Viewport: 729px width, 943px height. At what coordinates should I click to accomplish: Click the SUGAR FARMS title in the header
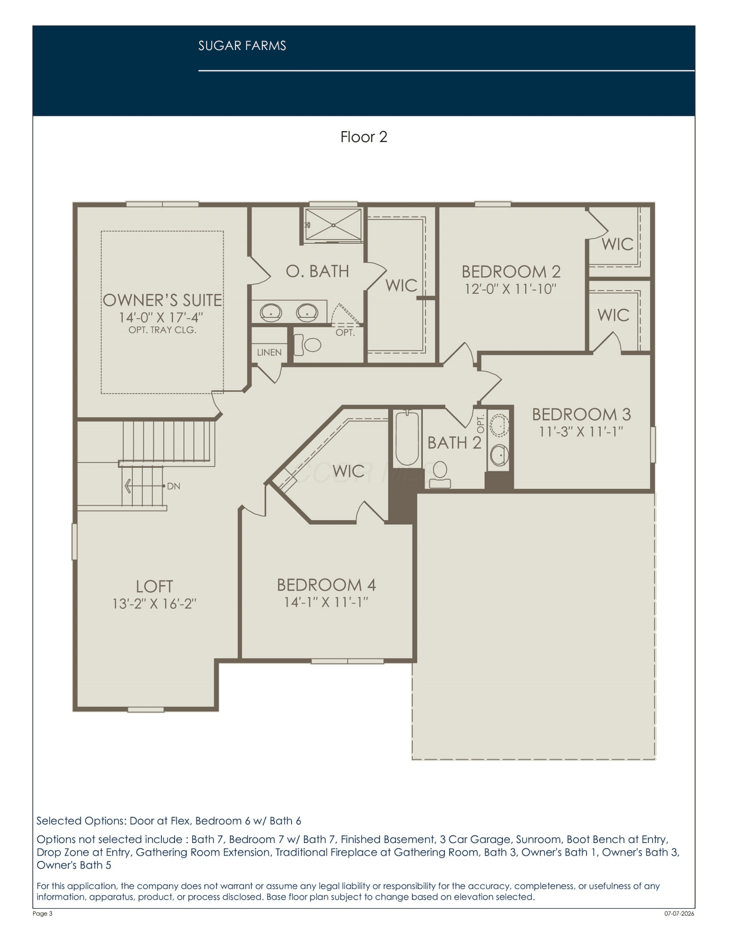tap(242, 46)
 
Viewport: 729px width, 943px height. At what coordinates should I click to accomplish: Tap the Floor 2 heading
tap(364, 137)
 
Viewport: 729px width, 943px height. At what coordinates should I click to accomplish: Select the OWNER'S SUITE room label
tap(162, 300)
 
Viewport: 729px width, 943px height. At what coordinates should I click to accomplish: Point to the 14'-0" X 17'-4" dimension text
tap(161, 317)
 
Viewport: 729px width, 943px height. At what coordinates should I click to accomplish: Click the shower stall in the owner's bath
tap(333, 225)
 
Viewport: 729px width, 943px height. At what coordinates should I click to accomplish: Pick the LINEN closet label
tap(269, 352)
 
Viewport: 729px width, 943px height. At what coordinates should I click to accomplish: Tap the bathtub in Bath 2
tap(407, 438)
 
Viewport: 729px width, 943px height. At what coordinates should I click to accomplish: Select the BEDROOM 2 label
tap(511, 272)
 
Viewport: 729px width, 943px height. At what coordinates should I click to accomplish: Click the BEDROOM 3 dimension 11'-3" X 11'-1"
tap(581, 431)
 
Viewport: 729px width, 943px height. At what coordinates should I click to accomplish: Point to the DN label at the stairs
tap(174, 486)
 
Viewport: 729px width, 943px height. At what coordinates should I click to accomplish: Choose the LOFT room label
tap(154, 587)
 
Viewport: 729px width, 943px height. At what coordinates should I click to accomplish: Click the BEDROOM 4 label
tap(327, 585)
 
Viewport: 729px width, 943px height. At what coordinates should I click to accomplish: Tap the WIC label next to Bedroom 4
tap(348, 471)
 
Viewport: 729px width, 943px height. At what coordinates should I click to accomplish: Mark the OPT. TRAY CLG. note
tap(162, 330)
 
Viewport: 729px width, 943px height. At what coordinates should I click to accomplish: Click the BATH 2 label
tap(454, 443)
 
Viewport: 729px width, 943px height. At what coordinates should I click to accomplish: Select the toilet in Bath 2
tap(439, 474)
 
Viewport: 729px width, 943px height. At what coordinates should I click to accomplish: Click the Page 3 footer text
tap(42, 914)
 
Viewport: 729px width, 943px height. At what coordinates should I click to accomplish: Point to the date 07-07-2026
tap(679, 914)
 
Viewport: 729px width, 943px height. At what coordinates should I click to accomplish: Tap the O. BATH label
tap(318, 271)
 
